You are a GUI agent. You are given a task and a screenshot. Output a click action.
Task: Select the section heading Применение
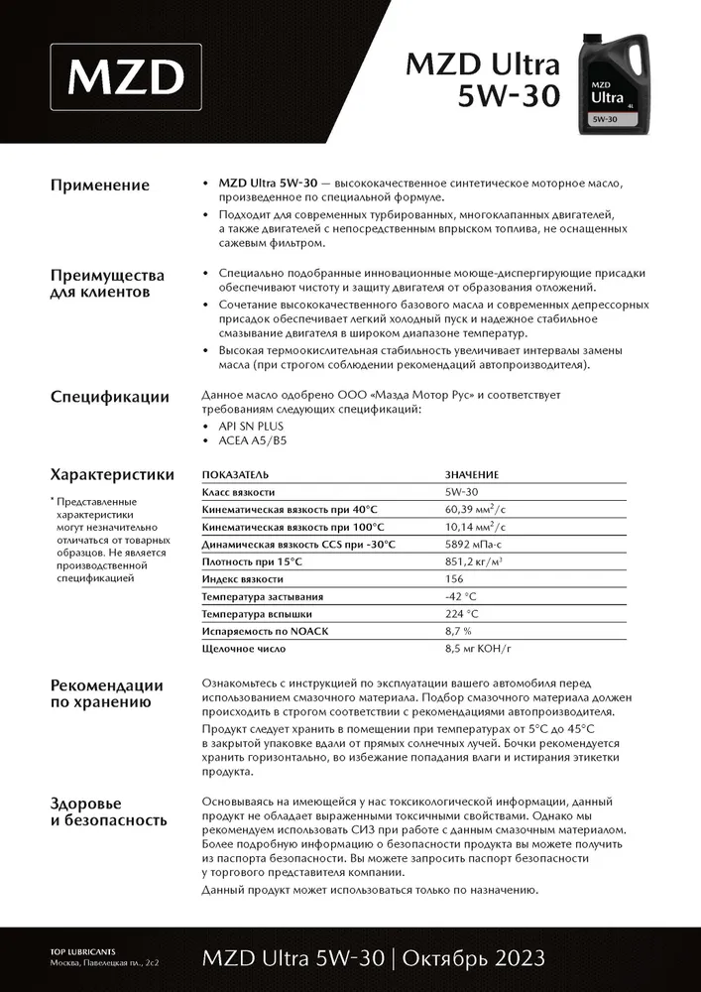click(100, 186)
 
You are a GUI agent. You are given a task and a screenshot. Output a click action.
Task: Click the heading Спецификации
click(109, 398)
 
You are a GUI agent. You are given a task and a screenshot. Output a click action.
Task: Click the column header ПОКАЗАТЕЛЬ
click(235, 475)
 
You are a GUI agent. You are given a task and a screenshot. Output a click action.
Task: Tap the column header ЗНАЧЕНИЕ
click(472, 475)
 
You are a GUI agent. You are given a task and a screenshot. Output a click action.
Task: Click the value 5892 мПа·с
click(476, 544)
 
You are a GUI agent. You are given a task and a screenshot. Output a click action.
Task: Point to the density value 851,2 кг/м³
click(473, 561)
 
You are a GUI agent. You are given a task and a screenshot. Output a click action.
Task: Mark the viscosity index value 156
click(454, 578)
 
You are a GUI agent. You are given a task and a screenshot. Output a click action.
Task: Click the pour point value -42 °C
click(461, 596)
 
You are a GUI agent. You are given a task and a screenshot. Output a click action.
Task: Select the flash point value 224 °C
click(461, 614)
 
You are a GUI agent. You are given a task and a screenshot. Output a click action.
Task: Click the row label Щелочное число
click(244, 649)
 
